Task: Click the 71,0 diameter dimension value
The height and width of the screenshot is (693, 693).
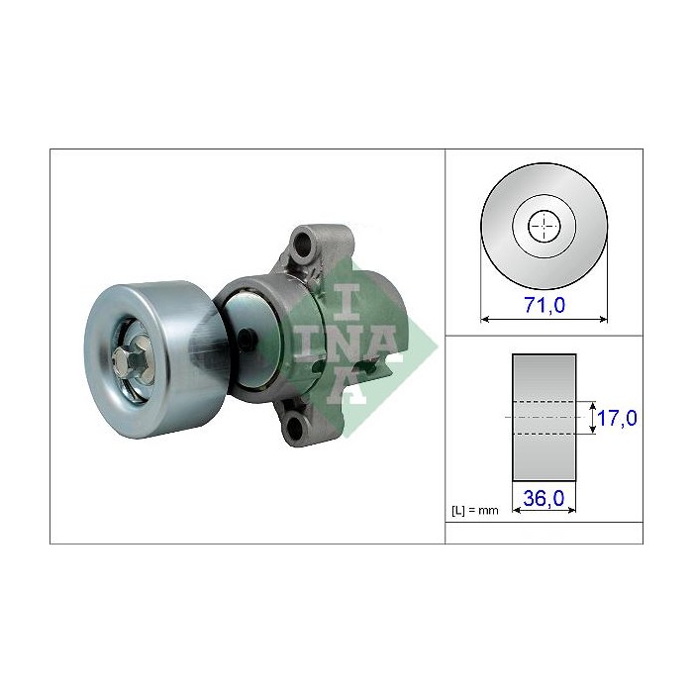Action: [544, 306]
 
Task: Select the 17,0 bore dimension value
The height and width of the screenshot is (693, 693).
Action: [615, 419]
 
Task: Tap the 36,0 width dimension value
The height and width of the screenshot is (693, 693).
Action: [544, 500]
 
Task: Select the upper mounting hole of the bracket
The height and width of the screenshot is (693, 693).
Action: [303, 242]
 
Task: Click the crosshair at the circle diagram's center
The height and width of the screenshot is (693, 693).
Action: [544, 227]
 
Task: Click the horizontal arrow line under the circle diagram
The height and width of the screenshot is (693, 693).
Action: [544, 319]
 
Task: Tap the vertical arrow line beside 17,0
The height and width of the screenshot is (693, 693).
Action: [590, 417]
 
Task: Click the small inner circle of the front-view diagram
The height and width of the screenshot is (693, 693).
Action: [544, 227]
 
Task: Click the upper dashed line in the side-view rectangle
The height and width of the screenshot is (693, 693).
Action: [544, 401]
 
